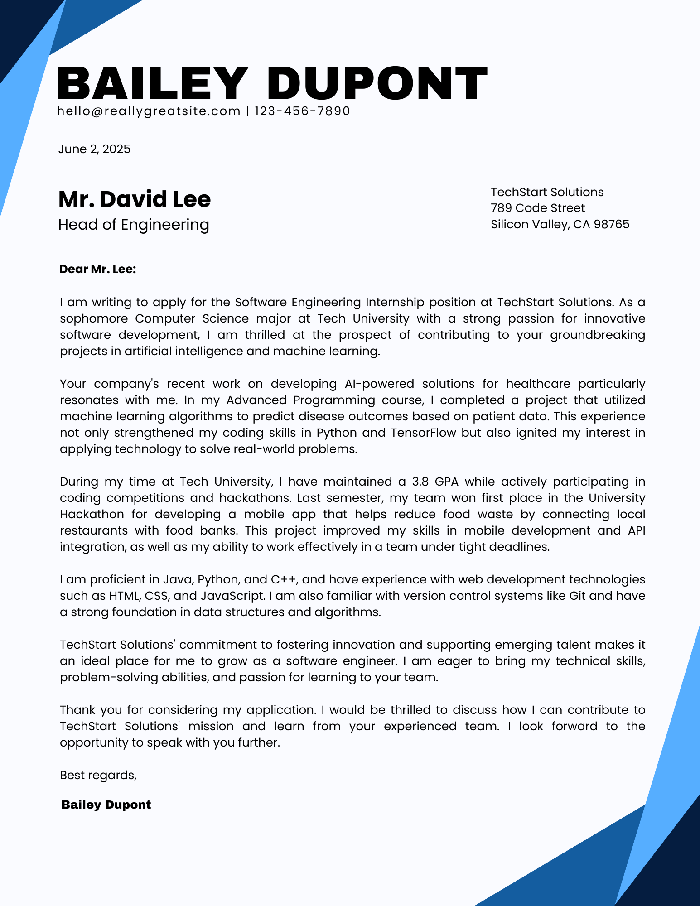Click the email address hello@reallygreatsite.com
click(149, 111)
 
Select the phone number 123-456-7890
click(302, 111)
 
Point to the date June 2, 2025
click(94, 149)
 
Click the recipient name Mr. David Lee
click(135, 199)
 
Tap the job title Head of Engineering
click(134, 225)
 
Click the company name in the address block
click(547, 192)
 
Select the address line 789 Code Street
click(538, 208)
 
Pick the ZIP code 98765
click(612, 224)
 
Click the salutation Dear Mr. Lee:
click(97, 270)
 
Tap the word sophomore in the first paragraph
click(94, 318)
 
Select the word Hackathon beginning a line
click(92, 514)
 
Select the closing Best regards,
click(98, 775)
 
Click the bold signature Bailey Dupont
click(106, 805)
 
